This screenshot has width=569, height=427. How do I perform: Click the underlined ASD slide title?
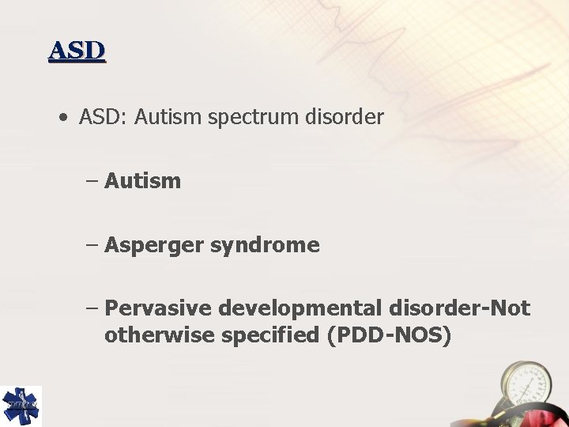(77, 51)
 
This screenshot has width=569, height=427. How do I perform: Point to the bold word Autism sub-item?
(142, 181)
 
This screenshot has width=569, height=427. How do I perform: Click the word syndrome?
(265, 245)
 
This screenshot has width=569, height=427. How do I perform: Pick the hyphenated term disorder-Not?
(459, 308)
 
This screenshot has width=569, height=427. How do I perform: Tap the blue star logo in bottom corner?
(20, 406)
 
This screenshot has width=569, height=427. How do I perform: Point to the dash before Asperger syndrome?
(92, 245)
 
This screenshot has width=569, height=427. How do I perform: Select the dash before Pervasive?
(92, 308)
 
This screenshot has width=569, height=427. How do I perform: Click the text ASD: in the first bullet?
(104, 118)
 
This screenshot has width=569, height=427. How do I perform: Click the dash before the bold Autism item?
(92, 181)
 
